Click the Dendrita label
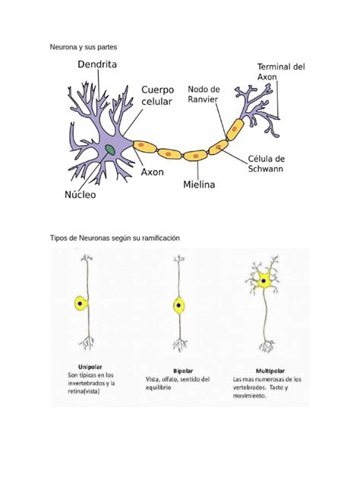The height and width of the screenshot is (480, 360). tap(97, 65)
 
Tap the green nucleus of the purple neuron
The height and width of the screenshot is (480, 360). tap(110, 150)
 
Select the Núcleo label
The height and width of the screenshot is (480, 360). tap(81, 194)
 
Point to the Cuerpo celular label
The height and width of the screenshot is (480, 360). tap(157, 96)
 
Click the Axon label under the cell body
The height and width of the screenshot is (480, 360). tap(152, 172)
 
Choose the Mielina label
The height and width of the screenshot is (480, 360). tap(199, 185)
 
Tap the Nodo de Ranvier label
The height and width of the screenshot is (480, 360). tap(204, 94)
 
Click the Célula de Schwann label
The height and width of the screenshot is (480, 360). tap(266, 164)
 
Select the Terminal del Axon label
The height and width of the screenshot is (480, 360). tap(281, 71)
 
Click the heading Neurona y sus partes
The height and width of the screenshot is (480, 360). tap(84, 47)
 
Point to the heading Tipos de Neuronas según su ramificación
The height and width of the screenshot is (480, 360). tap(115, 238)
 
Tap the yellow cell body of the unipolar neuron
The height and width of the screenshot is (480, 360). tap(81, 303)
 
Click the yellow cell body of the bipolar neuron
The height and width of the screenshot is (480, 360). tap(178, 305)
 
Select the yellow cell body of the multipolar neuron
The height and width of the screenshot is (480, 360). tap(264, 280)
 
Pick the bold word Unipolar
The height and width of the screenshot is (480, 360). tap(90, 367)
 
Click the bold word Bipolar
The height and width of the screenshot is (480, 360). tap(183, 371)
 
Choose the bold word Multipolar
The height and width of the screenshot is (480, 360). tap(270, 371)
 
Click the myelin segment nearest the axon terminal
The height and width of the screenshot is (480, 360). tap(235, 129)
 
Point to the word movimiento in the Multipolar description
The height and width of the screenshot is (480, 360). tap(249, 396)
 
